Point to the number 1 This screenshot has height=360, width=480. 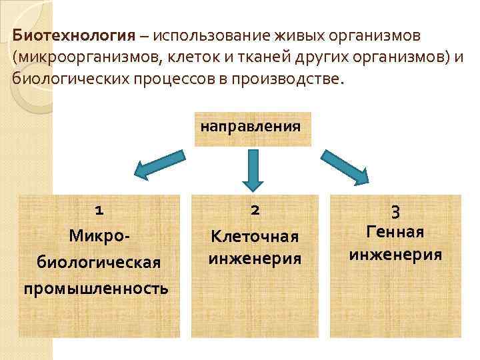(99, 211)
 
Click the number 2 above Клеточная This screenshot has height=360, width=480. (255, 211)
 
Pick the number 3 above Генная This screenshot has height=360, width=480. (395, 213)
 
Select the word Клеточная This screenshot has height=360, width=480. (255, 236)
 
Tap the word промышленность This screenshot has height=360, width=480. (96, 288)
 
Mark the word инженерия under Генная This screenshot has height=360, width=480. (395, 254)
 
